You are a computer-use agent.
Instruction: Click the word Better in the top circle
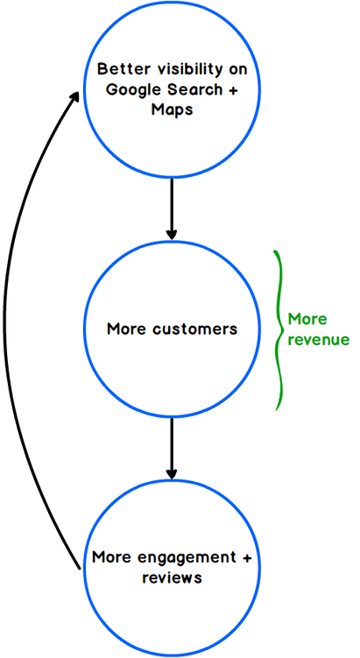[x=117, y=69]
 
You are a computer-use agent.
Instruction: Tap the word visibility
[x=182, y=70]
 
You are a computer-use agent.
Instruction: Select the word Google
[x=129, y=89]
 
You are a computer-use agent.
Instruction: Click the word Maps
[x=172, y=110]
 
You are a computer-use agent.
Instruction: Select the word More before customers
[x=126, y=329]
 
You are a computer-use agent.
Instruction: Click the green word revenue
[x=319, y=339]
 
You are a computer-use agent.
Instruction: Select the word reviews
[x=172, y=578]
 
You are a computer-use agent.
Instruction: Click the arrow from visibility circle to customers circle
[x=171, y=209]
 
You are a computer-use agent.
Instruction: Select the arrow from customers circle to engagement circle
[x=171, y=449]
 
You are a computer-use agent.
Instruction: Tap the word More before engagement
[x=111, y=558]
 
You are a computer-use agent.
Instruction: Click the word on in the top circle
[x=237, y=70]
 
